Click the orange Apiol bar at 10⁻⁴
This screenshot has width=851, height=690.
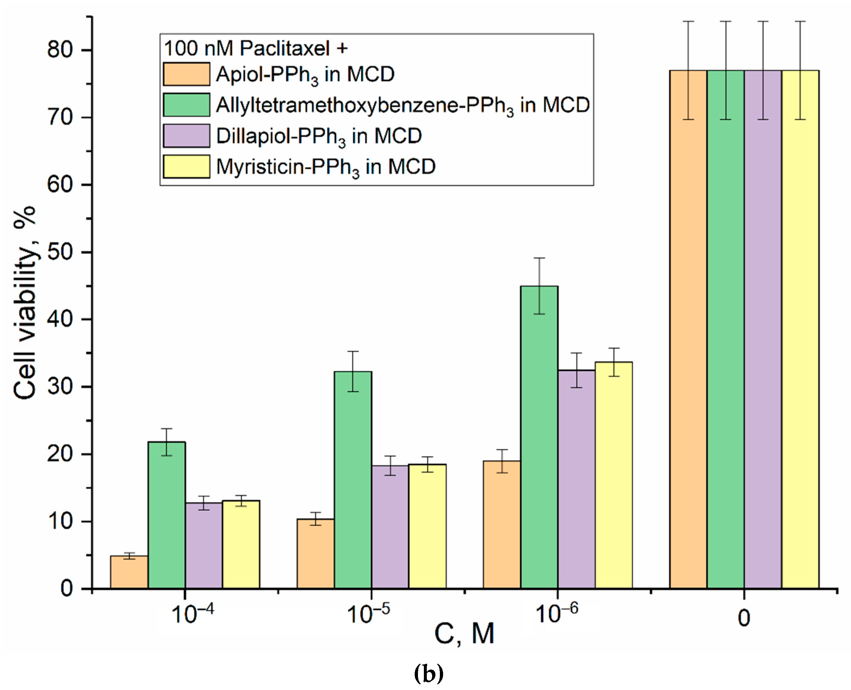[129, 572]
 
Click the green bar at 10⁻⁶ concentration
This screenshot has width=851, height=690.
[539, 437]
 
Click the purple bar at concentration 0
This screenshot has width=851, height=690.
[763, 330]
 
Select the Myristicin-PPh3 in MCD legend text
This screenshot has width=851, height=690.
[326, 167]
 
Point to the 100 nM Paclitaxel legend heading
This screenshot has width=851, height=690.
[256, 48]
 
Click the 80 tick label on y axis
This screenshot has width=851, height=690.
[60, 51]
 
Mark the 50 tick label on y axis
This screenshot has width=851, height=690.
[60, 252]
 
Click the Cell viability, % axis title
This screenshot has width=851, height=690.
[25, 302]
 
